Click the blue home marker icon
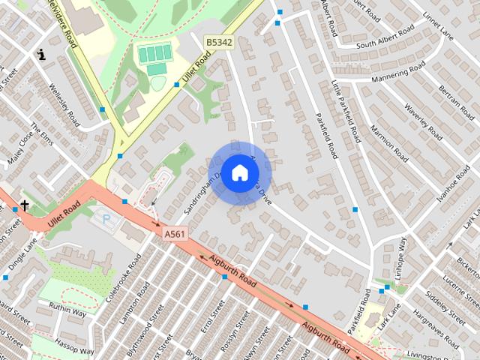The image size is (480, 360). coord(239,172)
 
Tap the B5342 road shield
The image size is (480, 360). coord(220,43)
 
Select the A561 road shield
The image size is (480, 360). coord(174,234)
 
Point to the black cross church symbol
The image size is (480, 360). coord(25,205)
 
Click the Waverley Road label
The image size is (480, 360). coord(424,116)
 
